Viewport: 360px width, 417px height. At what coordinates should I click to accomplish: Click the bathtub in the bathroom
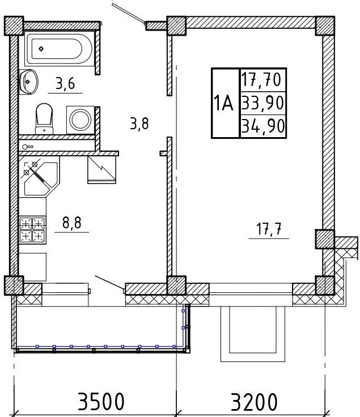coord(60,49)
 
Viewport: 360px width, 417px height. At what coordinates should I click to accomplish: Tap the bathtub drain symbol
coord(41,49)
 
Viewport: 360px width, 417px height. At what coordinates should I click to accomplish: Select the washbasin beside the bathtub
coord(29,82)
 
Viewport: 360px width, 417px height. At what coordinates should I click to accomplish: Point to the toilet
coord(44,118)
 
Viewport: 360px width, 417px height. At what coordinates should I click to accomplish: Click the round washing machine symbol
coord(81,120)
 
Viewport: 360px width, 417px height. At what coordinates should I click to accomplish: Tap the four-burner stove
coord(32,230)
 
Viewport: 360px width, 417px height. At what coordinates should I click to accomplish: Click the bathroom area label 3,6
coord(65,84)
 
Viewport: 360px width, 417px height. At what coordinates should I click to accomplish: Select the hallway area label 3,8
coord(139,124)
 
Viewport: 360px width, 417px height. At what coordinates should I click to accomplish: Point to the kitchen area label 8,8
coord(72,223)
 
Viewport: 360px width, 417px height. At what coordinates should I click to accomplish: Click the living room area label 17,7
coord(269,229)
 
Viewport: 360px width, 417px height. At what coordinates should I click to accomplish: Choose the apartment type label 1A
coord(223,104)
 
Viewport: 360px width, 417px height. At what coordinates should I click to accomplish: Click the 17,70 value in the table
coord(261,80)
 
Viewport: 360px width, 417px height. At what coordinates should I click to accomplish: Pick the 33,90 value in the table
coord(262,103)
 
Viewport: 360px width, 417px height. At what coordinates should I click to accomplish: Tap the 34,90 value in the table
coord(263,126)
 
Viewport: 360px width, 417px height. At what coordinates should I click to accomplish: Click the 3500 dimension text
coord(101,401)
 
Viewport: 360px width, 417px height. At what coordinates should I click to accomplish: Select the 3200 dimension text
coord(254,401)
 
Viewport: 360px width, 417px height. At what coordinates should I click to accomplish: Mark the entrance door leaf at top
coord(129,13)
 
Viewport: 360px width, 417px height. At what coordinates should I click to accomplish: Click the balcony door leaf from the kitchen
coord(109,282)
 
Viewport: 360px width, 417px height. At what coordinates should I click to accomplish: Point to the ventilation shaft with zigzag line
coord(101,169)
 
